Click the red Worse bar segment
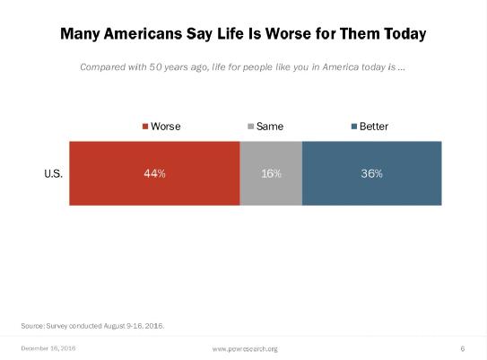[154, 173]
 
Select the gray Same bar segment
[271, 173]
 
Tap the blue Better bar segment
[372, 173]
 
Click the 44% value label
[154, 173]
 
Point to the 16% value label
[271, 173]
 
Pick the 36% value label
[372, 173]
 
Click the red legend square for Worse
[145, 127]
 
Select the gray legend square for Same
[250, 127]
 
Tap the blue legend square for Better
[353, 127]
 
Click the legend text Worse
[166, 127]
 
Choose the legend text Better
[374, 127]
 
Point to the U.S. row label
[54, 173]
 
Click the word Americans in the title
[143, 33]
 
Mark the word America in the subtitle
[341, 67]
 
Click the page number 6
[463, 348]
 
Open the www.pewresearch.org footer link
[245, 349]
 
